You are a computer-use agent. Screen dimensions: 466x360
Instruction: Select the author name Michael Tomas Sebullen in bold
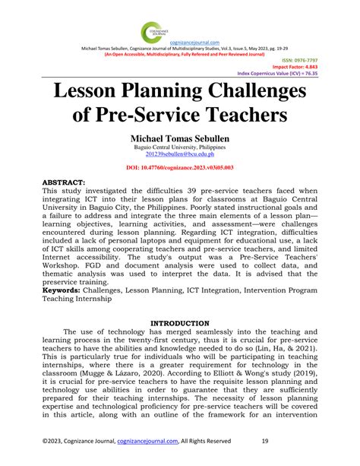(179, 140)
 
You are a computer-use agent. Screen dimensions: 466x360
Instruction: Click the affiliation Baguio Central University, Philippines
(179, 149)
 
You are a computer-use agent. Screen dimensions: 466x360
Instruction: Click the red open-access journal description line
(179, 55)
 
